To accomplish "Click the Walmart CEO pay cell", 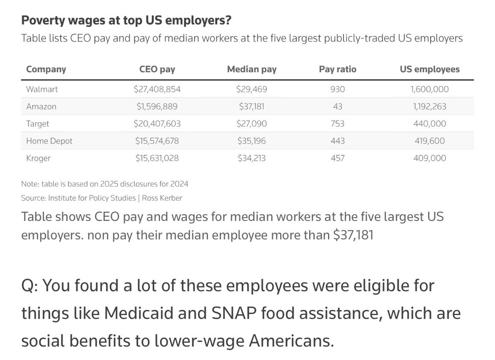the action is [157, 89].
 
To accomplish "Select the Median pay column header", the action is [252, 69].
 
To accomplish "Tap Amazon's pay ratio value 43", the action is [337, 107].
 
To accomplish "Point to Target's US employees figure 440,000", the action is [429, 123].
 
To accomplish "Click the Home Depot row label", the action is [49, 141].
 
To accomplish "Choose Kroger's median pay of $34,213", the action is [252, 158].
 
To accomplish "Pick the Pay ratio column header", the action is [338, 69].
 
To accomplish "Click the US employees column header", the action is [430, 69].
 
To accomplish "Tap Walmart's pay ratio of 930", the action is [337, 89].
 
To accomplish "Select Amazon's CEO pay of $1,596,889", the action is [157, 107].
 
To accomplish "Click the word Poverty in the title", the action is [43, 21].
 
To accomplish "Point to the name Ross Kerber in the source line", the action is [162, 198].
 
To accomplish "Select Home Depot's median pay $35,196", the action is [252, 141].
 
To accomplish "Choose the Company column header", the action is [46, 69].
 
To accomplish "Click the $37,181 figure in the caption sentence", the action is [354, 235].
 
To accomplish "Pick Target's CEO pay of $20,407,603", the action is [157, 123].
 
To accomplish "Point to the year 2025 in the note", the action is [109, 184].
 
